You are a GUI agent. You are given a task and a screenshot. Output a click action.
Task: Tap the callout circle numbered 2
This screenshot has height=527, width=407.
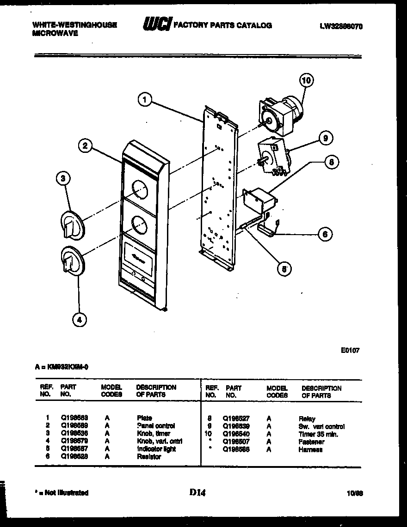pyautogui.click(x=84, y=146)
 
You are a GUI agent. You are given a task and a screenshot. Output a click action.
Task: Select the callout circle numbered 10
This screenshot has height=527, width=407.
pyautogui.click(x=306, y=80)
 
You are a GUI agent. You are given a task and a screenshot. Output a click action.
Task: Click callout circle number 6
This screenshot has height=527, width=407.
pyautogui.click(x=325, y=234)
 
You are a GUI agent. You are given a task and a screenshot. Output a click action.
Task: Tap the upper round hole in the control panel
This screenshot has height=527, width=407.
pyautogui.click(x=139, y=189)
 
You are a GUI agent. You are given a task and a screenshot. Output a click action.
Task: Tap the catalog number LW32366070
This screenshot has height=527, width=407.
pyautogui.click(x=341, y=26)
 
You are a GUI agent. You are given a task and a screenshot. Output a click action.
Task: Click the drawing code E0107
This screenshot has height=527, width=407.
pyautogui.click(x=349, y=350)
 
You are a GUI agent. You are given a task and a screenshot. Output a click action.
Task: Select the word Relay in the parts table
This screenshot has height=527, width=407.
pyautogui.click(x=307, y=419)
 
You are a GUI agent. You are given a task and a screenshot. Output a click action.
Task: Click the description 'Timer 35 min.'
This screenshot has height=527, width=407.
pyautogui.click(x=318, y=434)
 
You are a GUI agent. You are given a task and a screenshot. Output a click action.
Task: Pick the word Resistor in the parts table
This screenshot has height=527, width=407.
pyautogui.click(x=148, y=457)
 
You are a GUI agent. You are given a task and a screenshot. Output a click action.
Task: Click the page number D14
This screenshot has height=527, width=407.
pyautogui.click(x=197, y=492)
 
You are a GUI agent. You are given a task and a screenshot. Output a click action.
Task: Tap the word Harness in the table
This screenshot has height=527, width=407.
pyautogui.click(x=310, y=449)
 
